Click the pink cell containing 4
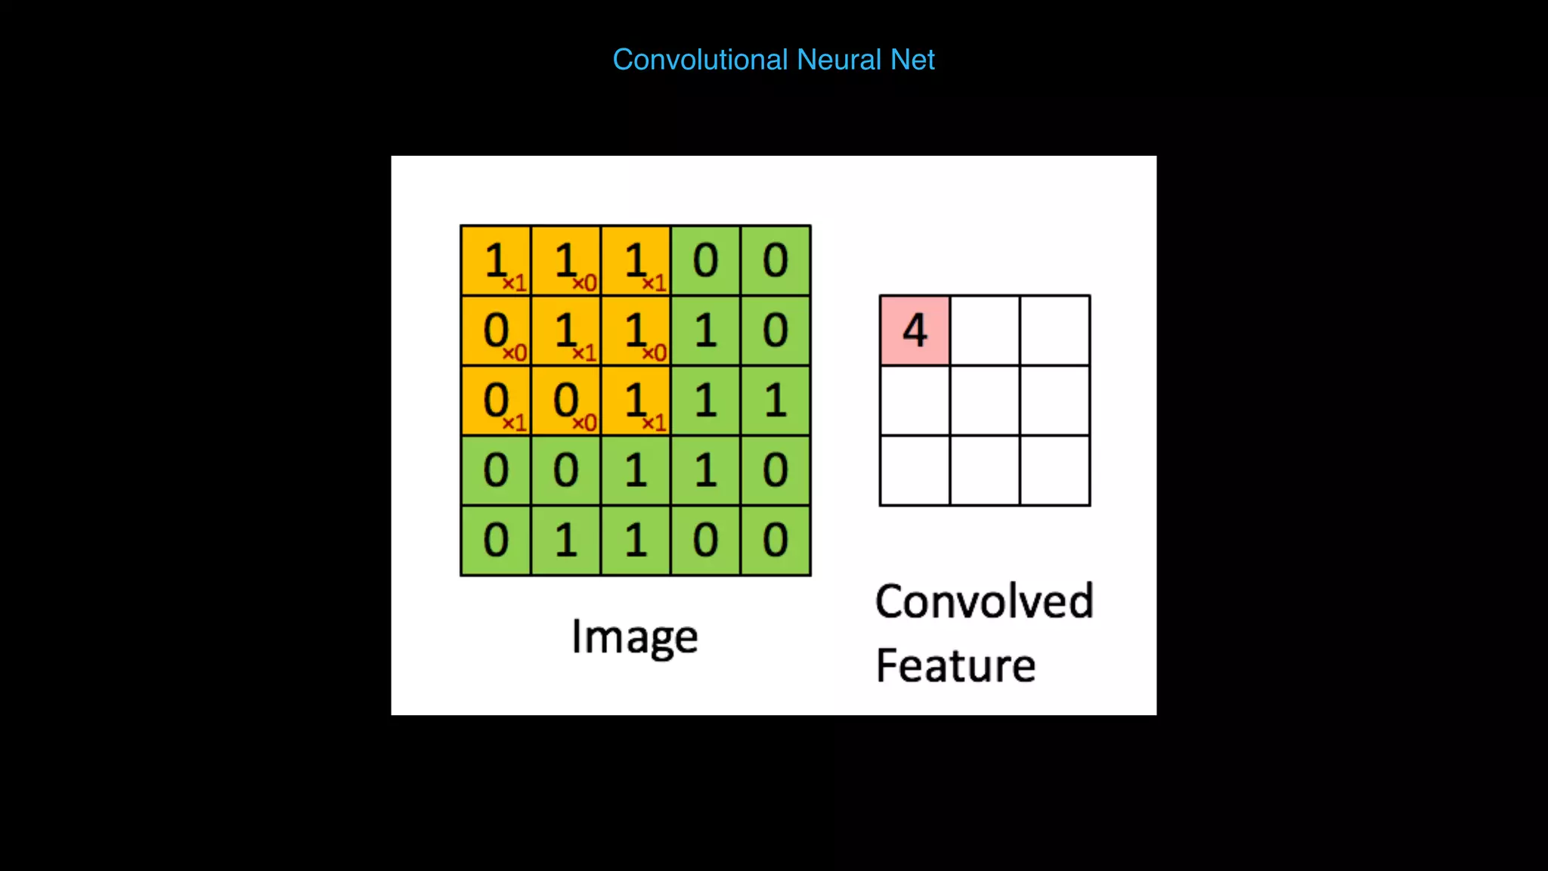pyautogui.click(x=915, y=330)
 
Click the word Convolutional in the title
pyautogui.click(x=700, y=60)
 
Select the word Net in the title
pyautogui.click(x=912, y=60)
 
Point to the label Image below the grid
pyautogui.click(x=634, y=637)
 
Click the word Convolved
pyautogui.click(x=984, y=602)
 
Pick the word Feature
pyautogui.click(x=955, y=665)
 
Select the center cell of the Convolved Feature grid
pyautogui.click(x=985, y=400)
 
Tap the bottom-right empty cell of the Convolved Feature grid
pyautogui.click(x=1054, y=470)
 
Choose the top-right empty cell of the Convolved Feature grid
pyautogui.click(x=1054, y=330)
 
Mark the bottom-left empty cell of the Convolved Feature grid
pyautogui.click(x=915, y=470)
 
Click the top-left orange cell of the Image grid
pyautogui.click(x=496, y=261)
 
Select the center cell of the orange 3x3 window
pyautogui.click(x=565, y=330)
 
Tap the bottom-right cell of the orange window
pyautogui.click(x=636, y=400)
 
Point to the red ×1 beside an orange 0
pyautogui.click(x=514, y=423)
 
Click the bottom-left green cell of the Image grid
pyautogui.click(x=496, y=540)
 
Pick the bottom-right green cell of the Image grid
pyautogui.click(x=776, y=540)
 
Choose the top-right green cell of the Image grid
pyautogui.click(x=776, y=261)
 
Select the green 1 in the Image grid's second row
pyautogui.click(x=705, y=330)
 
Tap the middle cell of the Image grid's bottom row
pyautogui.click(x=636, y=540)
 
